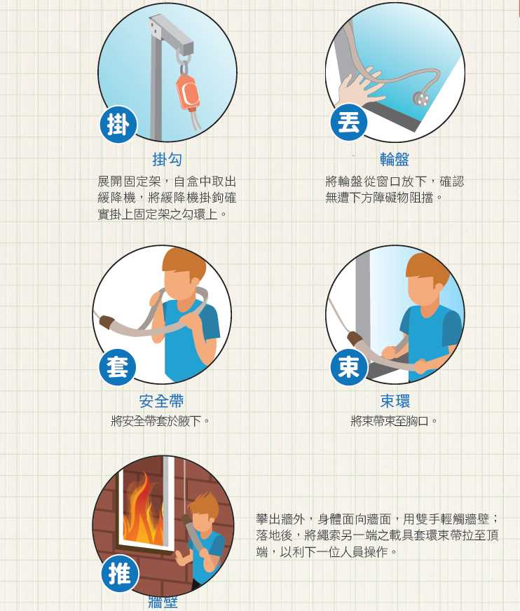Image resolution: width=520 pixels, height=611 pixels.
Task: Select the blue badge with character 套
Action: tap(117, 367)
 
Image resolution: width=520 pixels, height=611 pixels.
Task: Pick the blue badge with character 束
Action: tap(349, 367)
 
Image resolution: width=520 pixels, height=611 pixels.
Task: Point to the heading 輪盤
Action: tap(395, 159)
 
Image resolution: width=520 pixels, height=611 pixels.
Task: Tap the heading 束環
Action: tap(395, 401)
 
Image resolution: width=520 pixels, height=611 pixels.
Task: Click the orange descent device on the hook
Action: tap(187, 92)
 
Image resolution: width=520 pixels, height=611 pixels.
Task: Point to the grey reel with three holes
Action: tap(423, 99)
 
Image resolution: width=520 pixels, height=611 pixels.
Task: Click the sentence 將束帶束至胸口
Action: tap(395, 421)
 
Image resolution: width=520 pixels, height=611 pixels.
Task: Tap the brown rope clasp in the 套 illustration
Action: tap(107, 322)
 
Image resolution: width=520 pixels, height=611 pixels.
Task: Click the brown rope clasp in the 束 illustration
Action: tap(354, 338)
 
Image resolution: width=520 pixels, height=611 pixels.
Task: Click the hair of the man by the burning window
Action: tap(204, 502)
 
